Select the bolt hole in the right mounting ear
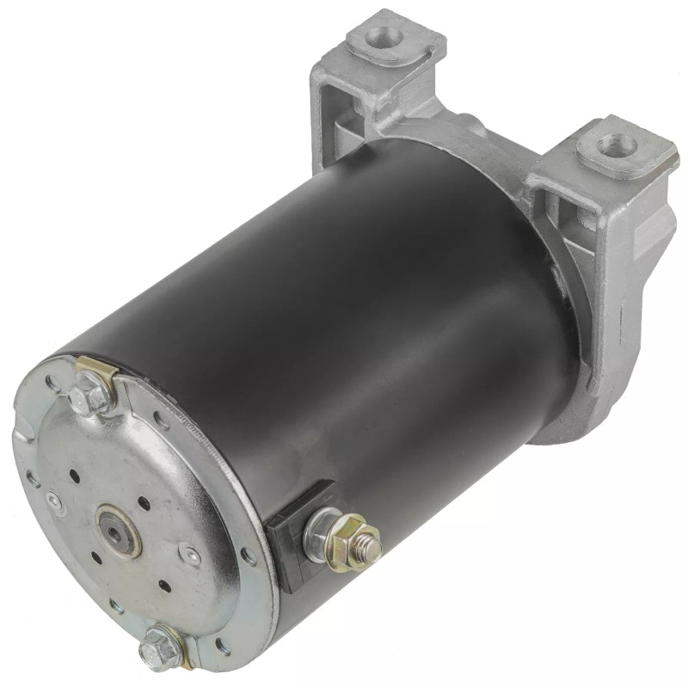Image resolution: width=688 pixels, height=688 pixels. coord(616,144)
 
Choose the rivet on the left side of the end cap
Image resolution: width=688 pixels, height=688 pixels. coord(53,498)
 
